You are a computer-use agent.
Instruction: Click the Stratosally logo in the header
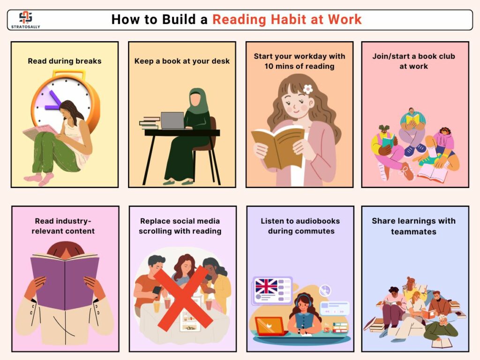25,20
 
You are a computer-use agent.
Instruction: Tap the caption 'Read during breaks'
65,61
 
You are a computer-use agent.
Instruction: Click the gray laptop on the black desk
172,120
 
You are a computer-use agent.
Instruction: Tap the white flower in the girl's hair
307,89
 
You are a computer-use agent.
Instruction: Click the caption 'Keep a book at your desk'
182,61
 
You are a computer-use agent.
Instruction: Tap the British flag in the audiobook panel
266,286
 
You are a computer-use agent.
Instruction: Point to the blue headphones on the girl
304,300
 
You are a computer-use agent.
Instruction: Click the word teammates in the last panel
413,232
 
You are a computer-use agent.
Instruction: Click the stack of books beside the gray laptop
150,123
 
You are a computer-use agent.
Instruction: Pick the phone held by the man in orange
157,291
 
